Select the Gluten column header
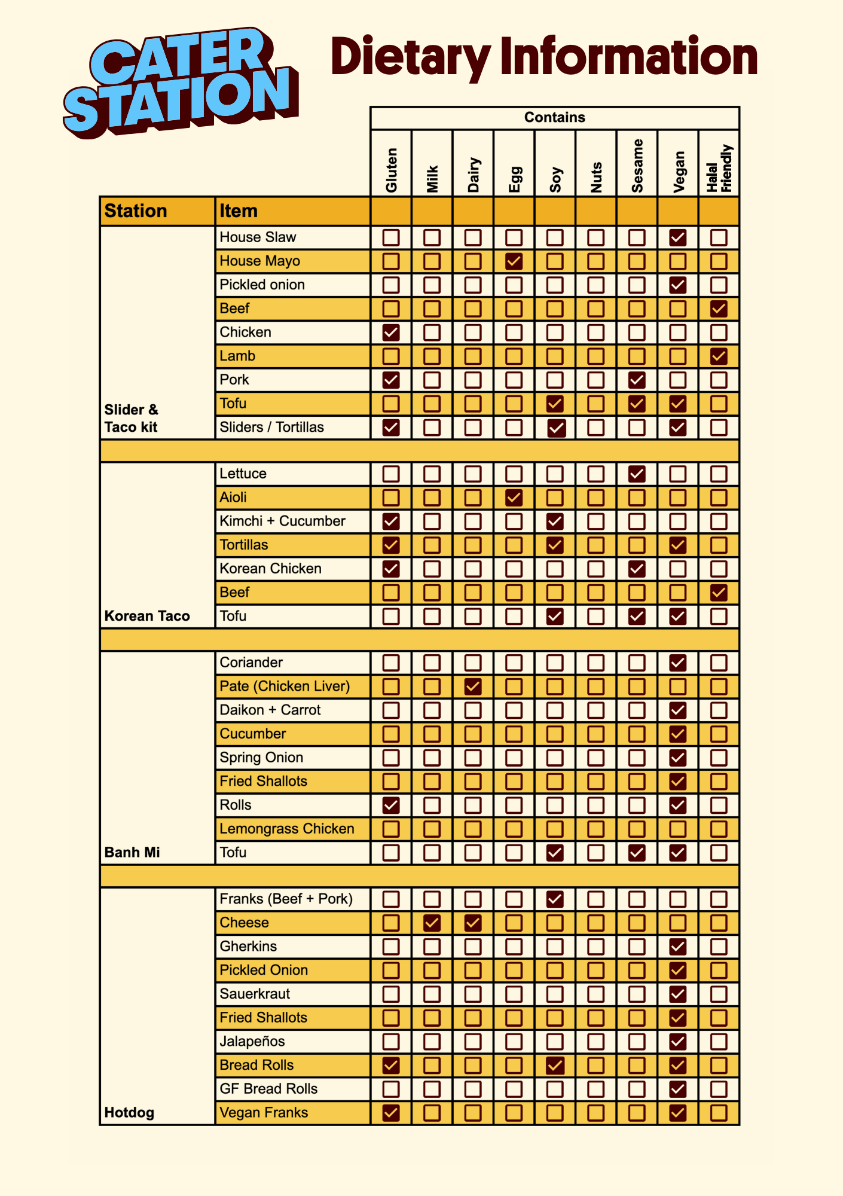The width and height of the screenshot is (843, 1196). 391,170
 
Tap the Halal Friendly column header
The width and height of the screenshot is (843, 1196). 719,169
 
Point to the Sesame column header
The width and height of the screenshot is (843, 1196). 637,166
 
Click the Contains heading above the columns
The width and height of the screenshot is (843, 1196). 554,117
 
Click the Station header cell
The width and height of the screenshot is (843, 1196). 136,211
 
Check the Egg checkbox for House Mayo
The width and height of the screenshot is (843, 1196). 514,261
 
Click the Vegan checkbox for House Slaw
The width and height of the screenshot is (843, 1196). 677,237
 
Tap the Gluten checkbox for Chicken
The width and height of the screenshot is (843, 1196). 391,332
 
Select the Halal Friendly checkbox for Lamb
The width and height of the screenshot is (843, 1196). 719,356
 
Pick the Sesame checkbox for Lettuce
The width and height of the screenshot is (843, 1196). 637,474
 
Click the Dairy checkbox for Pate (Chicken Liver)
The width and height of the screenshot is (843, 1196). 473,687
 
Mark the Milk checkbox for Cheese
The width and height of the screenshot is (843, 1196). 432,923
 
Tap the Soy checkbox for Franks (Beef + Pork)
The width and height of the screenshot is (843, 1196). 555,899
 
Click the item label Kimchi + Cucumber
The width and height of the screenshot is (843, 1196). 282,521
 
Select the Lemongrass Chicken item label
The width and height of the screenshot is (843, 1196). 287,829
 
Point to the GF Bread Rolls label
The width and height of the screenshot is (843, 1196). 268,1089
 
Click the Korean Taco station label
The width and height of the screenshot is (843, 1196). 147,616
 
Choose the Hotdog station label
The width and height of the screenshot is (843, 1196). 129,1113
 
